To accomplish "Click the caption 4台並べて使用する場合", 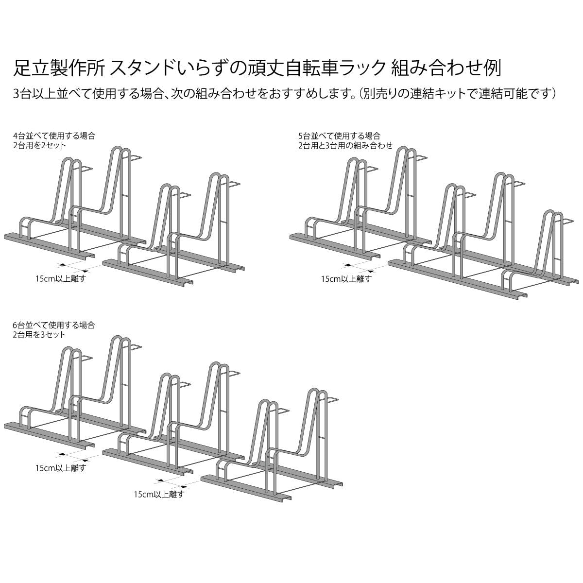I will pos(54,136).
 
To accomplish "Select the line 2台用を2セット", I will pos(40,145).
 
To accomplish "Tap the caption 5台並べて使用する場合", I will pos(339,136).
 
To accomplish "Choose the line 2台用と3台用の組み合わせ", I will pos(345,145).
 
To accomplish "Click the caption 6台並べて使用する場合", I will pos(54,325).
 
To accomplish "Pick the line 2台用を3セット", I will pos(40,334).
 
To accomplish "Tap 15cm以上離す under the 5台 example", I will pos(346,279).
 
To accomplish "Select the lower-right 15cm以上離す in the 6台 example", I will pos(159,495).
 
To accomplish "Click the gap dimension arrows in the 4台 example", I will pos(73,267).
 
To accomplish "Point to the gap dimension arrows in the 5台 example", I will pos(359,267).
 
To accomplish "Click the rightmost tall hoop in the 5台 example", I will pos(552,245).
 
